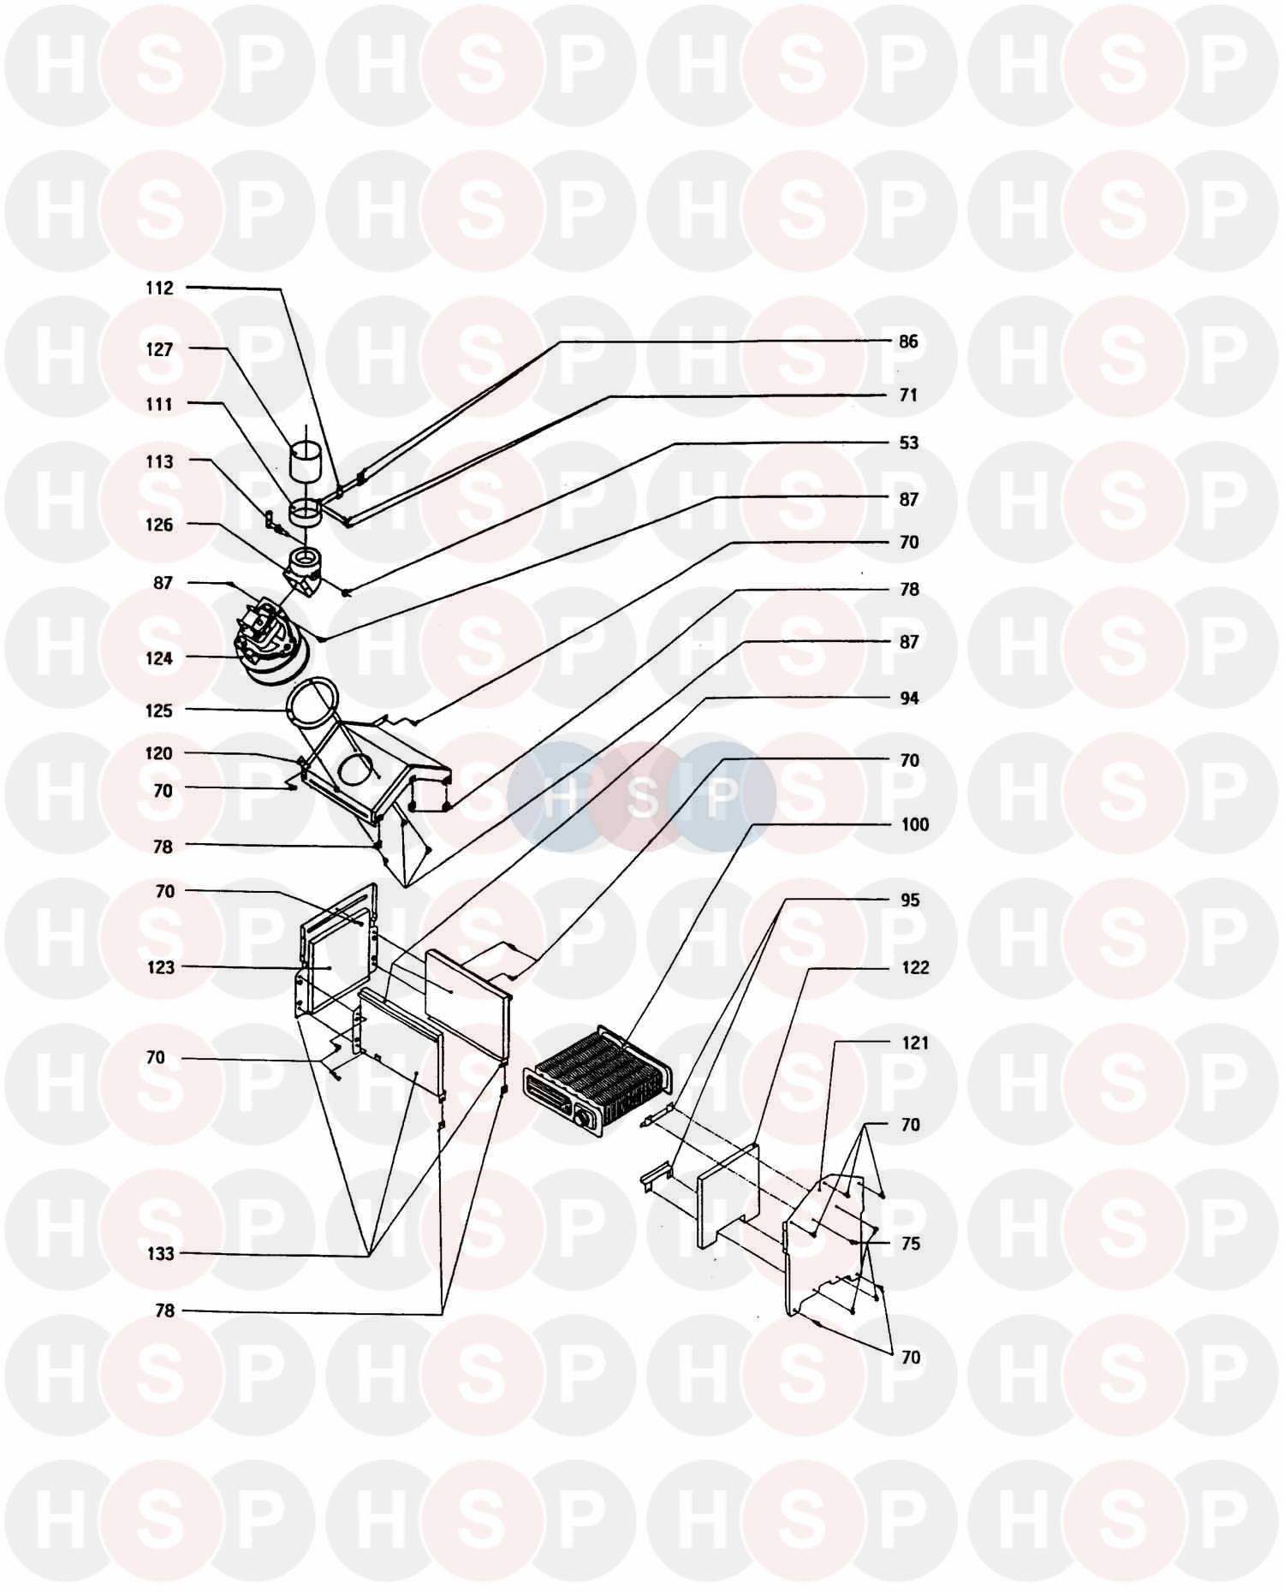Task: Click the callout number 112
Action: (159, 288)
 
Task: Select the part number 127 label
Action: (159, 349)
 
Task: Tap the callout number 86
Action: (908, 342)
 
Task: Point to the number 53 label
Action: (908, 443)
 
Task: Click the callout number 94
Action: (909, 698)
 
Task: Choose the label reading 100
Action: (915, 824)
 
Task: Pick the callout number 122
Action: (915, 967)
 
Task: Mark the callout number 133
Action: (159, 1254)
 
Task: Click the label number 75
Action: (910, 1243)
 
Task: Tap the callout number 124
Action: (159, 658)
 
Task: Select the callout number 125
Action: (159, 710)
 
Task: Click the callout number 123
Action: (160, 967)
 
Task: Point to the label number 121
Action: (915, 1043)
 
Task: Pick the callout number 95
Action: (910, 900)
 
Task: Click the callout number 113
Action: (159, 462)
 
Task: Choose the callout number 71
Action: (908, 395)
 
